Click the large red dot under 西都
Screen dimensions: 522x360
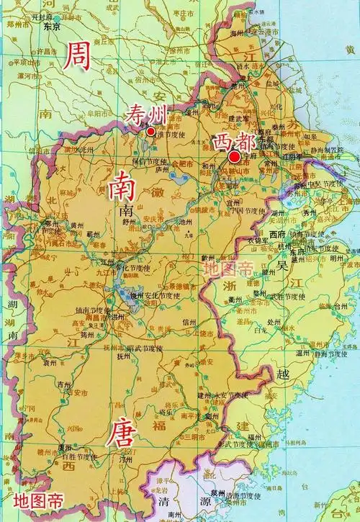[234, 157]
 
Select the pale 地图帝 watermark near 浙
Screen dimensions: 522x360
[228, 269]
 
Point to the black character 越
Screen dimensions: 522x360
[282, 372]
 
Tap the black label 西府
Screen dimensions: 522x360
[279, 235]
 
